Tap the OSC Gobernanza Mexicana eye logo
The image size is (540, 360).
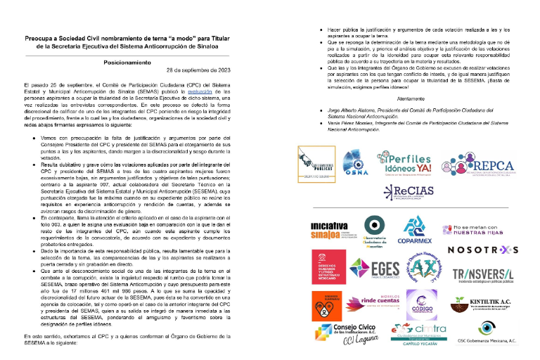tap(488, 332)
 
